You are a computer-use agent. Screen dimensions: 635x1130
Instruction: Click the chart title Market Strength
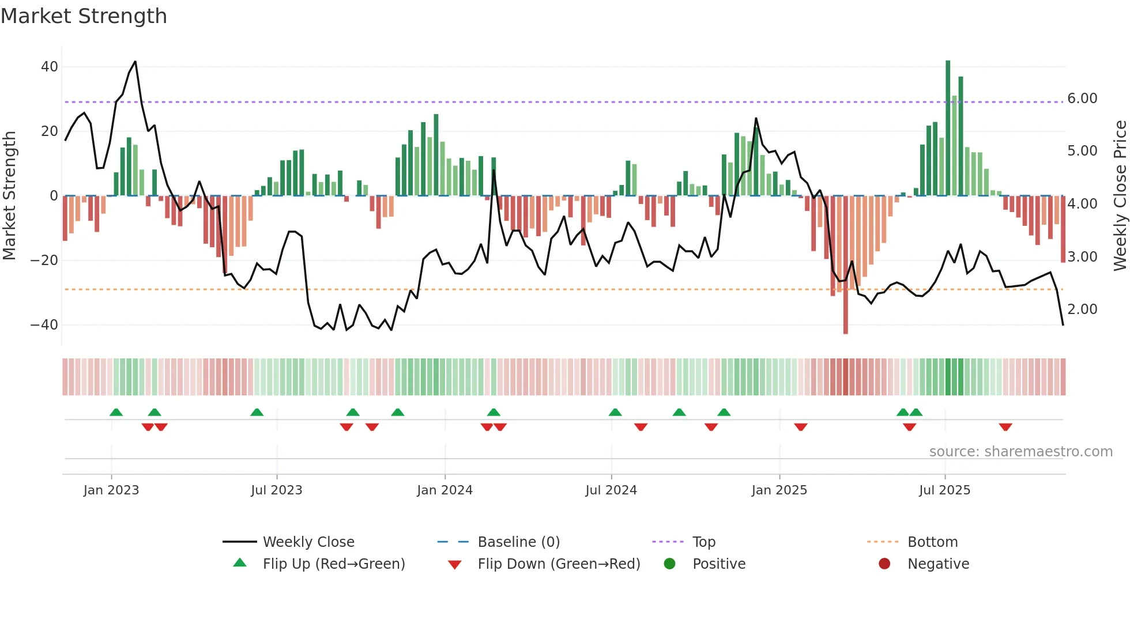tap(84, 16)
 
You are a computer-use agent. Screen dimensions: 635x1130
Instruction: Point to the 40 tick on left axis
tap(50, 67)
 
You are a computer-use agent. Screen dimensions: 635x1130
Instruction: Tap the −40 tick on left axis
tap(44, 325)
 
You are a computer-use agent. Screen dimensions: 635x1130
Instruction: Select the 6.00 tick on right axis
tap(1082, 99)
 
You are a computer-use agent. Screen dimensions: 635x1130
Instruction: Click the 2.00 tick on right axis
tap(1082, 309)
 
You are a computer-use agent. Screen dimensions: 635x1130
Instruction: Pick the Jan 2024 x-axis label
tap(445, 490)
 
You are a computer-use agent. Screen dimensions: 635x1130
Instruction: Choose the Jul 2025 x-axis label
tap(944, 490)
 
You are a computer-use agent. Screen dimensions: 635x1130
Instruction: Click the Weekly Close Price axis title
tap(1120, 196)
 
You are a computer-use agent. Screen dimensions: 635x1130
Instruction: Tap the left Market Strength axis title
tap(10, 196)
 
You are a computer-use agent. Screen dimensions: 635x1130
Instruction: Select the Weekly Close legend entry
tap(308, 542)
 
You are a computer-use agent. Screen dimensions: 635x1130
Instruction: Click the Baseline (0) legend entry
tap(518, 542)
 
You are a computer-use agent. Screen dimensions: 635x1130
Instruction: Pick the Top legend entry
tap(703, 542)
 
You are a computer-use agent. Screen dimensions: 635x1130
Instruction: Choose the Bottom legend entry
tap(932, 542)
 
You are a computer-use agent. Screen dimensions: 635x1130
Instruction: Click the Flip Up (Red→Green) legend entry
tap(334, 564)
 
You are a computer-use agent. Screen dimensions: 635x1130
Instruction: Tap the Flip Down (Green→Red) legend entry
tap(559, 564)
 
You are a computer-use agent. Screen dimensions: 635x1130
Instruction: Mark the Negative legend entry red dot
tap(884, 564)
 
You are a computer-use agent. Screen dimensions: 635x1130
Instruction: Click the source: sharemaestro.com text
tap(1020, 452)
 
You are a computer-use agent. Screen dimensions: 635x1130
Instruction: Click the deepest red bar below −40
tap(846, 265)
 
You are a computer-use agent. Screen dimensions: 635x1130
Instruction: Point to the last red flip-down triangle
tap(1005, 427)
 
